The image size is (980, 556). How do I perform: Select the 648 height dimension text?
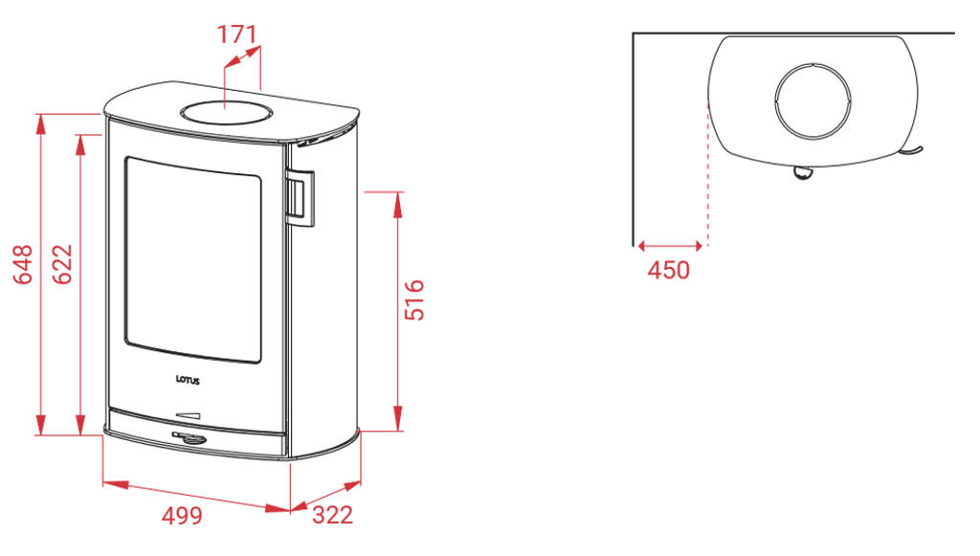tap(25, 265)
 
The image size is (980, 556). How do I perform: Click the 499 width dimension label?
tap(182, 516)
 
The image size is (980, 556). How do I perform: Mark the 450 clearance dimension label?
tap(668, 270)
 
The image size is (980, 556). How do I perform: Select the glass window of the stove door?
tap(191, 256)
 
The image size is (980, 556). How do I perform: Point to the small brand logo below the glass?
tap(189, 381)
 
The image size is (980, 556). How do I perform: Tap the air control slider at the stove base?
tap(188, 416)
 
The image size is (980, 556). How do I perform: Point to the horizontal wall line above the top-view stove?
tap(794, 33)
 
